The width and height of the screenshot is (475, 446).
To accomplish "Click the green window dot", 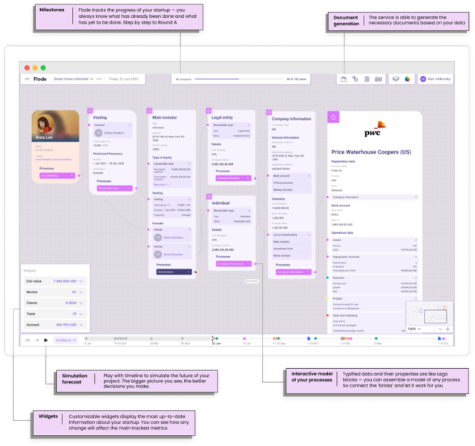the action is [x=43, y=68].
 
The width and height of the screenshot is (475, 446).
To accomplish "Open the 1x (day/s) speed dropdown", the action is [x=65, y=340].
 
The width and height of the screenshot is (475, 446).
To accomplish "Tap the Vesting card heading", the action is [x=100, y=117].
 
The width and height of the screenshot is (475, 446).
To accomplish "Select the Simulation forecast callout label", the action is [x=74, y=379].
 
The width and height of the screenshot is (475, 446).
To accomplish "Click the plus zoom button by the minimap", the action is [x=448, y=329].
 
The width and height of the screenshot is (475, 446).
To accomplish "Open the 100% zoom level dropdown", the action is [x=414, y=329].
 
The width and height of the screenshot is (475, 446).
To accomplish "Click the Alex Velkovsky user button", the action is [x=434, y=79].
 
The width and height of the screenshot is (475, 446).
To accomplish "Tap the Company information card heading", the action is [x=291, y=119].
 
